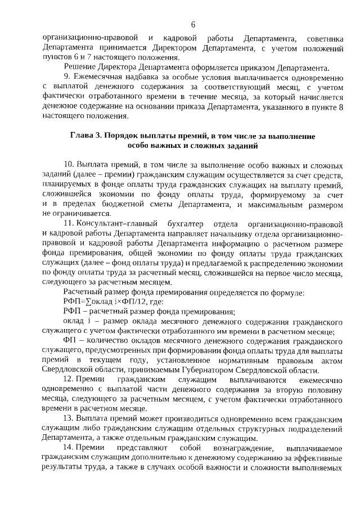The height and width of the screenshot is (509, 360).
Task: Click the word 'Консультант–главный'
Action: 113,224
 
